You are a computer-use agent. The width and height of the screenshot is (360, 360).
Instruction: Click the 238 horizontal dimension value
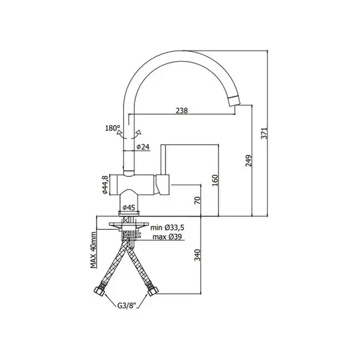click(182, 111)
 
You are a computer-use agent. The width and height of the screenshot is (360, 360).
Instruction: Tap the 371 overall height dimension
click(264, 133)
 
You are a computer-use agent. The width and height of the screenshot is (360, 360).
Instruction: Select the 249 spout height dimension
click(249, 161)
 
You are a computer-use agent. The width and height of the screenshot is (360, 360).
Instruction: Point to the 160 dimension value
click(215, 180)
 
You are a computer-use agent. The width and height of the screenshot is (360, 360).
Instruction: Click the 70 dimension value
click(197, 200)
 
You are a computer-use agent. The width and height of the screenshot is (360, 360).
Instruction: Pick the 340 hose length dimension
click(197, 255)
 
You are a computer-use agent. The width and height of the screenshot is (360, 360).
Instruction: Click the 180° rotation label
click(113, 128)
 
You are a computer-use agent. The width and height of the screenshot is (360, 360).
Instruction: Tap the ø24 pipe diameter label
click(143, 147)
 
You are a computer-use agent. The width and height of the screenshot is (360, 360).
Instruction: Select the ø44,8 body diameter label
click(105, 185)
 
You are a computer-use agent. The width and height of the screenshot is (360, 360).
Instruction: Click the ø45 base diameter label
click(128, 208)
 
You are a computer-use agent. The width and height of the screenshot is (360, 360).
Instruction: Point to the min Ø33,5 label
click(167, 228)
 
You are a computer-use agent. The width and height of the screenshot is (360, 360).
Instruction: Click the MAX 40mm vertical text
click(93, 250)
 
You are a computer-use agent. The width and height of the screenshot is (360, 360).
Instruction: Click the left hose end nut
click(100, 291)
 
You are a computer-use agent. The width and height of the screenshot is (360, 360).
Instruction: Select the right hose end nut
click(153, 292)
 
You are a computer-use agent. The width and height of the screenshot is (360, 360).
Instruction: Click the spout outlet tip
click(234, 101)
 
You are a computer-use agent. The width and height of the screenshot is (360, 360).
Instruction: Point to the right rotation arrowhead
click(139, 132)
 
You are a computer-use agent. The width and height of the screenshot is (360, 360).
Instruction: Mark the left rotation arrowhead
click(119, 133)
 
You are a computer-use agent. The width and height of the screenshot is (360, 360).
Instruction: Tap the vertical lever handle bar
click(163, 160)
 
